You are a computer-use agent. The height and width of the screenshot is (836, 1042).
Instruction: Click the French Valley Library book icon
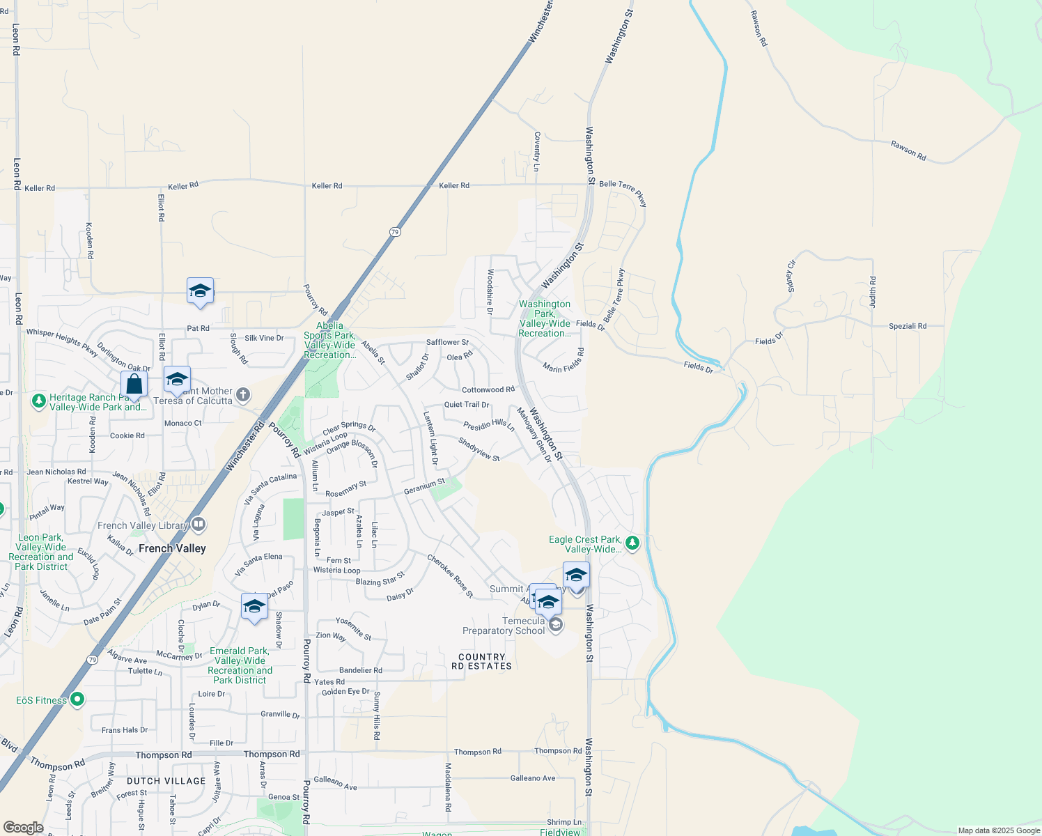pos(199,524)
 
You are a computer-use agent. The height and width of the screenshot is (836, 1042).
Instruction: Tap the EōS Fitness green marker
pos(77,699)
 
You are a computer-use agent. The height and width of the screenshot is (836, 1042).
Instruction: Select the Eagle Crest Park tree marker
pos(632,543)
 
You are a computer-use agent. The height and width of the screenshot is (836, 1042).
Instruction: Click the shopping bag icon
pos(134,385)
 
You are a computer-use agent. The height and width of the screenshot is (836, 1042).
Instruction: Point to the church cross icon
pos(243,395)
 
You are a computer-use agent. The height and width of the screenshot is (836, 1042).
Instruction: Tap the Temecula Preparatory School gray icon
pos(555,625)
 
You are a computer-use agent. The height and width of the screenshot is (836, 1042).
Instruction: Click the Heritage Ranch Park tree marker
pos(39,401)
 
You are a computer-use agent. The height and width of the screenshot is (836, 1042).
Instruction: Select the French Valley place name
pos(172,548)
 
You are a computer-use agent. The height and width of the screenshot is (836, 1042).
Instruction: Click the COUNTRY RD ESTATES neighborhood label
pos(481,662)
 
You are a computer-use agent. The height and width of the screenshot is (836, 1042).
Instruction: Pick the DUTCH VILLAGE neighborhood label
pos(166,781)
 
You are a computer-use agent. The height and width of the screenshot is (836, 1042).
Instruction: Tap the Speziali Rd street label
pos(908,326)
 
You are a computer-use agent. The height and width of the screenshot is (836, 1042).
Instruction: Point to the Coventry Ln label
pos(536,151)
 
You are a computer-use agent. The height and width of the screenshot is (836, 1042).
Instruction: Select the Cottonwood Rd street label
pos(488,390)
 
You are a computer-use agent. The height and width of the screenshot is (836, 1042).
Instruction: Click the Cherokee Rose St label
pos(450,576)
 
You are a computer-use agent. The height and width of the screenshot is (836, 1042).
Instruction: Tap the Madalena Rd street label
pos(448,787)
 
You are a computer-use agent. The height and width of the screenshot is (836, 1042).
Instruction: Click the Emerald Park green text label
pos(240,665)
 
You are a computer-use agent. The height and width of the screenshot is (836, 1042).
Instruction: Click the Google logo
pos(23,828)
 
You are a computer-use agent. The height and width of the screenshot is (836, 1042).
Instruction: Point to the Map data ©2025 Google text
pos(998,830)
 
